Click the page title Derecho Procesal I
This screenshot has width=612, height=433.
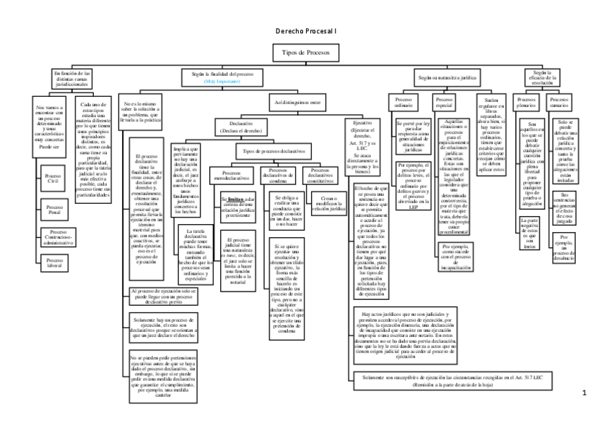click(306, 32)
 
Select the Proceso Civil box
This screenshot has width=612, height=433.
click(53, 178)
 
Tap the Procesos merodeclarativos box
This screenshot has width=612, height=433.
click(231, 176)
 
